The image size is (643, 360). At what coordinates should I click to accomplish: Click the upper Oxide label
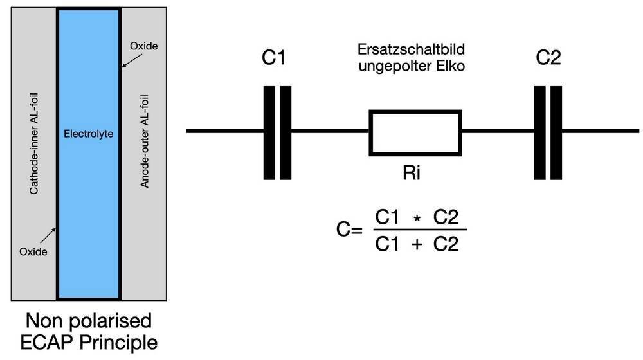pyautogui.click(x=143, y=47)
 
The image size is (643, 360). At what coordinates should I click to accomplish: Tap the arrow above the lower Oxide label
pyautogui.click(x=44, y=233)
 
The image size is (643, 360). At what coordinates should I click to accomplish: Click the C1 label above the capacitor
pyautogui.click(x=273, y=59)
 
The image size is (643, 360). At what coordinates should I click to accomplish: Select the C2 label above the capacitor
pyautogui.click(x=548, y=59)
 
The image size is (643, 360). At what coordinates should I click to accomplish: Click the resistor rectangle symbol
pyautogui.click(x=415, y=132)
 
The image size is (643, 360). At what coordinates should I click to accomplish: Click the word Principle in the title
pyautogui.click(x=119, y=342)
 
